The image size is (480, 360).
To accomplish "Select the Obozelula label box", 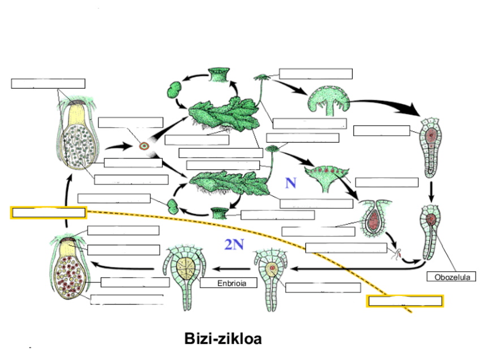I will pos(451,277).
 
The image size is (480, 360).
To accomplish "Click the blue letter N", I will pos(290,183).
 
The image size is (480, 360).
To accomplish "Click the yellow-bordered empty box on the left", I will pos(48,213).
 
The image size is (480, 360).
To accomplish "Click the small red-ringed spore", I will pos(144,146).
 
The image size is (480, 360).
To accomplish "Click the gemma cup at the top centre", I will pos(217,74).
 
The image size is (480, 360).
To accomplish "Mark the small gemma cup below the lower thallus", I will pos(219,213).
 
